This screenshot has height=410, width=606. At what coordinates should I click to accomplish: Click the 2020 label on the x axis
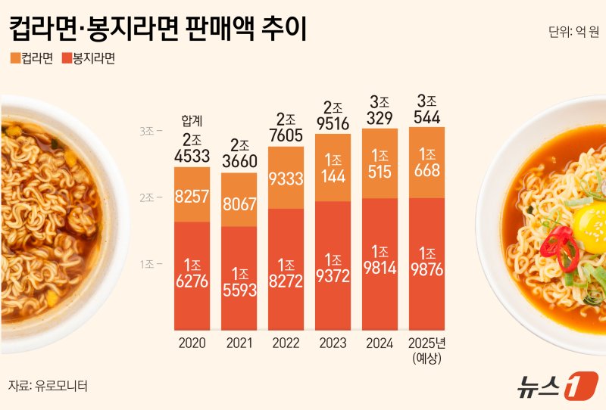point(192,343)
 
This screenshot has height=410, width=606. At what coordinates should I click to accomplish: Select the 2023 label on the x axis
point(333,343)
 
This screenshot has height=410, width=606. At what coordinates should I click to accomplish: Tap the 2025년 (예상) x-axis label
point(426,349)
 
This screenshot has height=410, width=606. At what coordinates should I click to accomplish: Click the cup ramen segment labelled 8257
point(192,196)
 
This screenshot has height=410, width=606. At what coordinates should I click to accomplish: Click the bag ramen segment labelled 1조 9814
point(380,263)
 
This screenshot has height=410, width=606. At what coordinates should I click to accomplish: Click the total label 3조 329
point(380,110)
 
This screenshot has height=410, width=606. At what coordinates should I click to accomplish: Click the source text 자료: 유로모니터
point(48,385)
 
